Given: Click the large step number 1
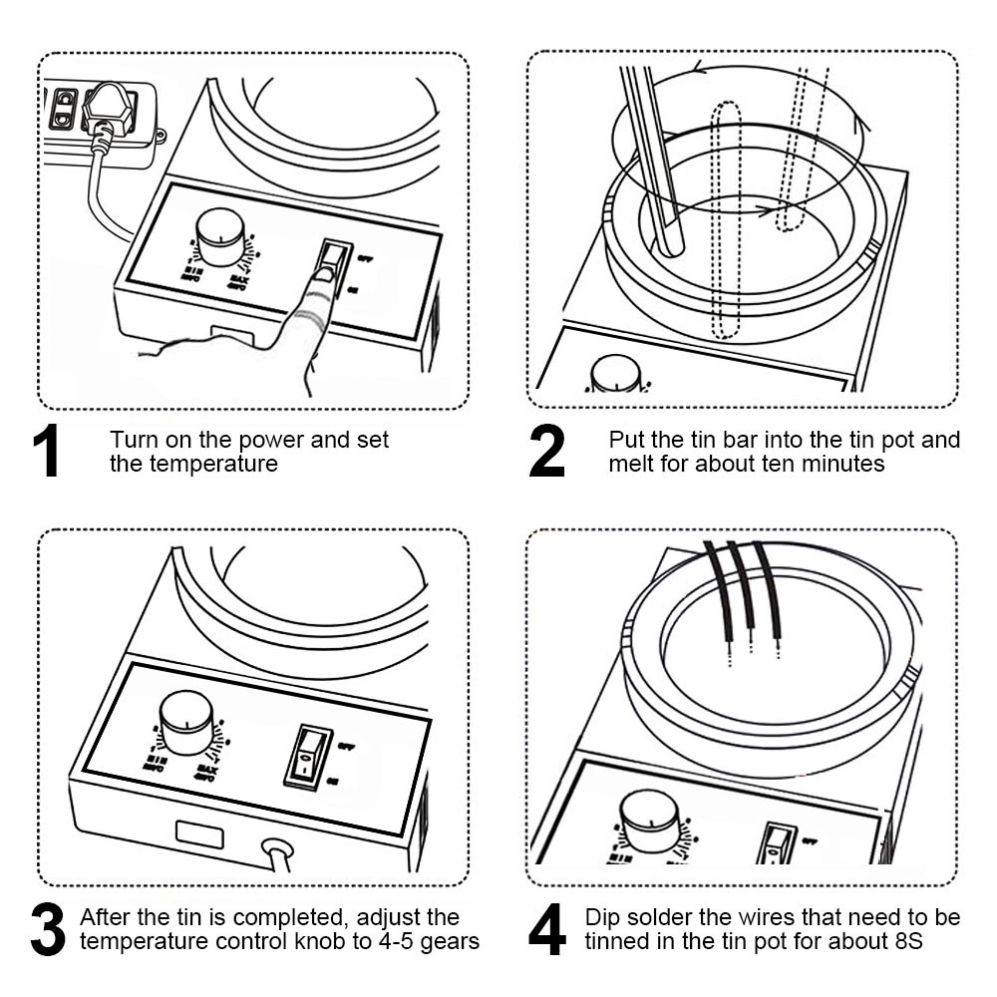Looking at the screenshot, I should tap(46, 451).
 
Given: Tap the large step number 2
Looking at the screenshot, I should tap(546, 451).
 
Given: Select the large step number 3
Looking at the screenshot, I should tap(47, 929).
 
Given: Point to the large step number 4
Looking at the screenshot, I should tap(547, 929).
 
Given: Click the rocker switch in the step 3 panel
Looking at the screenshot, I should tap(308, 757).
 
